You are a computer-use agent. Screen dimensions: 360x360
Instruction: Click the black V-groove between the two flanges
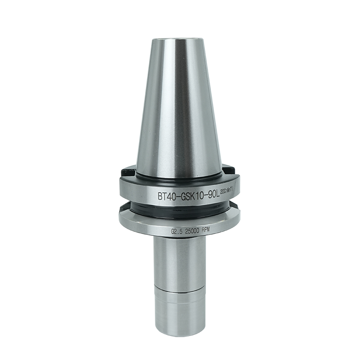pyautogui.click(x=180, y=209)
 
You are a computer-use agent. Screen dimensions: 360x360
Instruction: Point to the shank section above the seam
pyautogui.click(x=180, y=260)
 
